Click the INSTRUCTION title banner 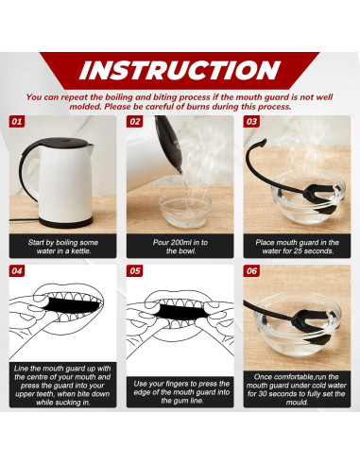click(x=180, y=70)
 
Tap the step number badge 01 click(x=17, y=122)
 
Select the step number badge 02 click(x=134, y=122)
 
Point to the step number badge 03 click(x=251, y=122)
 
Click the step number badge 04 click(x=17, y=270)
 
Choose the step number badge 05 click(x=134, y=270)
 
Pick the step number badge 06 click(x=251, y=270)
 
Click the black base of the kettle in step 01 click(x=65, y=222)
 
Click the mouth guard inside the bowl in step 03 click(x=315, y=198)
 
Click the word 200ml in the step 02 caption click(x=180, y=242)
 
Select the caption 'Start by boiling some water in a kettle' click(x=62, y=247)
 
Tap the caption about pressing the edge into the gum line click(x=181, y=392)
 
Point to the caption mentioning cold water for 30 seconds click(x=297, y=389)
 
